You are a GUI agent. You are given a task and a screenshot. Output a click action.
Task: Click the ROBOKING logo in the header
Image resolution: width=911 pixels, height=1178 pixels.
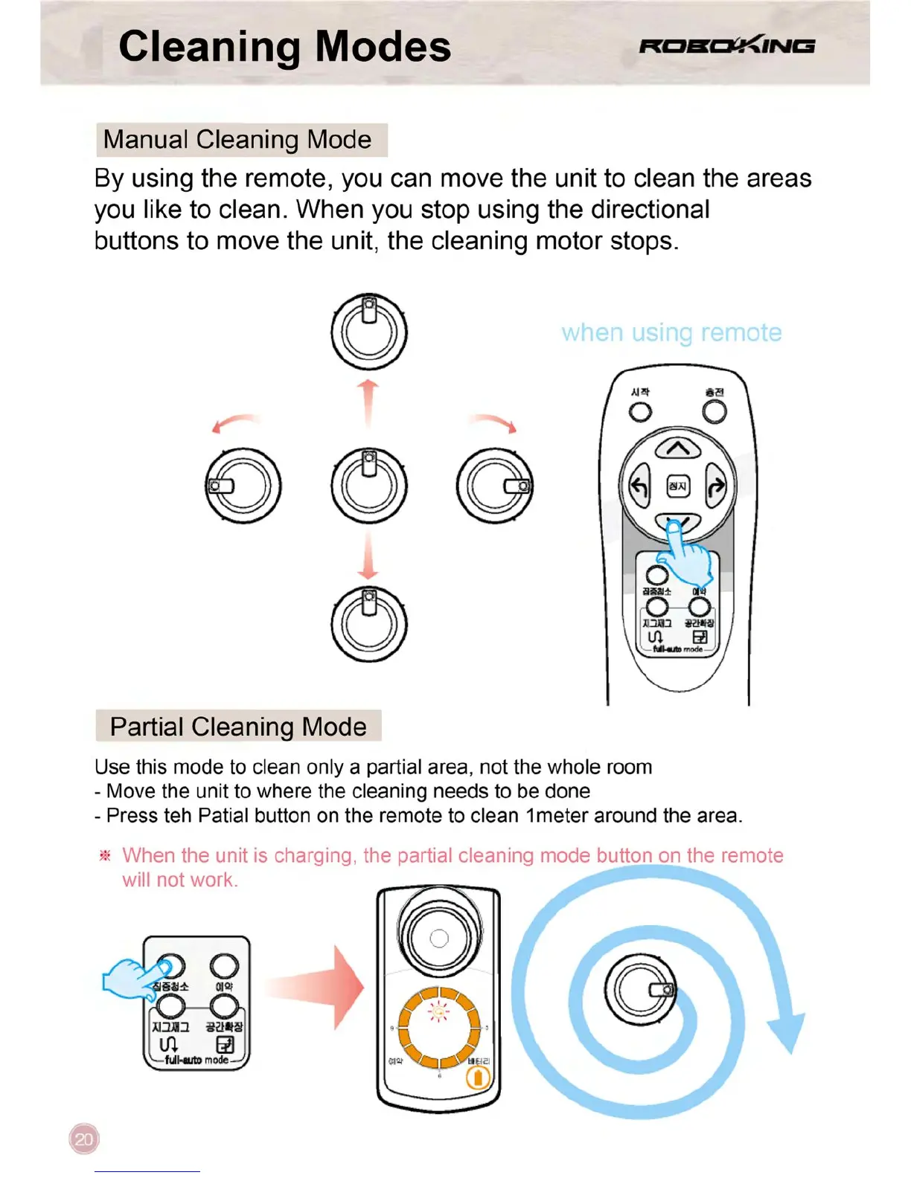pos(726,46)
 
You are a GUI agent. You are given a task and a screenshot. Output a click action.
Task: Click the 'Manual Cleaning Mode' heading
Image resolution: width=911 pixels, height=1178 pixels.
pos(237,140)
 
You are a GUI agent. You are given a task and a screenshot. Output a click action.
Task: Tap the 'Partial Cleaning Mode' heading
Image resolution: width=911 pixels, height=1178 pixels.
pos(238,727)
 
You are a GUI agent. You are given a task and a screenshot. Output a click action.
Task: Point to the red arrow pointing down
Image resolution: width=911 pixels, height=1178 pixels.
pos(368,556)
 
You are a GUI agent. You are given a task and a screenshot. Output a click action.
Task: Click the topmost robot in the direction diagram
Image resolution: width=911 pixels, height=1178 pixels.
pos(369,332)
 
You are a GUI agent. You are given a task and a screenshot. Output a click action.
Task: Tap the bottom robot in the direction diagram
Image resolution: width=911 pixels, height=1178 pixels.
pos(369,625)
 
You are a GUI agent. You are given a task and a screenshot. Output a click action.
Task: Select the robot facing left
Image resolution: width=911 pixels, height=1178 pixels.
pos(243,486)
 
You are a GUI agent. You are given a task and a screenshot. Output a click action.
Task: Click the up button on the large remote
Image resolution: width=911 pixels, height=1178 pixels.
pos(677,448)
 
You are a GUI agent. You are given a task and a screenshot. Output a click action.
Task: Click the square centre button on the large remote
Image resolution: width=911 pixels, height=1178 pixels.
pos(677,486)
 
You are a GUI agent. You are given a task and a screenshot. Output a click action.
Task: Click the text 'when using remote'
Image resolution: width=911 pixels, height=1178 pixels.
pos(671,332)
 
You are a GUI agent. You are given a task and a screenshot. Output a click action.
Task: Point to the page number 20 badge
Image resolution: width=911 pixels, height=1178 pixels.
pos(84,1139)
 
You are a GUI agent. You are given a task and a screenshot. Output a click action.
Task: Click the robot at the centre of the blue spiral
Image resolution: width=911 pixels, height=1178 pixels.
pos(640,990)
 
